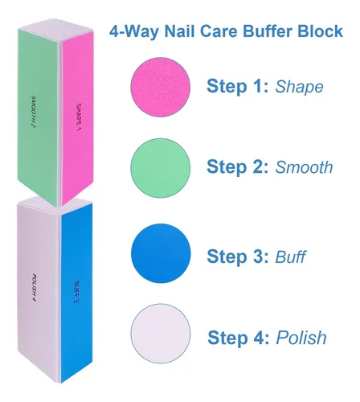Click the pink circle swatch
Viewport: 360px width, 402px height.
161,87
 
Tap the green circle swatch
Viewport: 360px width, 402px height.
161,168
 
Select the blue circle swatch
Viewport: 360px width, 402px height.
161,253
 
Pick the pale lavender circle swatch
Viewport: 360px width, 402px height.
161,334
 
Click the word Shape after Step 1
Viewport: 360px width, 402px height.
299,87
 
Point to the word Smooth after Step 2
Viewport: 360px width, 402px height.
304,167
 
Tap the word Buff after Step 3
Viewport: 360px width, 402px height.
290,256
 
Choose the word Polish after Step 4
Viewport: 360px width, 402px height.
301,337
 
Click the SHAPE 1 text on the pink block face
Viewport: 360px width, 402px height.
79,117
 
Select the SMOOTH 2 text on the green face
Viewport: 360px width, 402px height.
34,111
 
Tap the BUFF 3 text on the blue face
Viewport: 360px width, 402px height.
76,292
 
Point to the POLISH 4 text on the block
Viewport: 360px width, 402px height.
34,287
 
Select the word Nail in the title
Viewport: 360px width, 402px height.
180,31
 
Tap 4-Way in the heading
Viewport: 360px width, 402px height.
135,32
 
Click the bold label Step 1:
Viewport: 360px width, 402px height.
238,86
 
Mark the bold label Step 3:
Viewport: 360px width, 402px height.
238,256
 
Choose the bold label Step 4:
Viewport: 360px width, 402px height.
239,337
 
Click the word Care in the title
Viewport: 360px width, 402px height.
219,31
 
